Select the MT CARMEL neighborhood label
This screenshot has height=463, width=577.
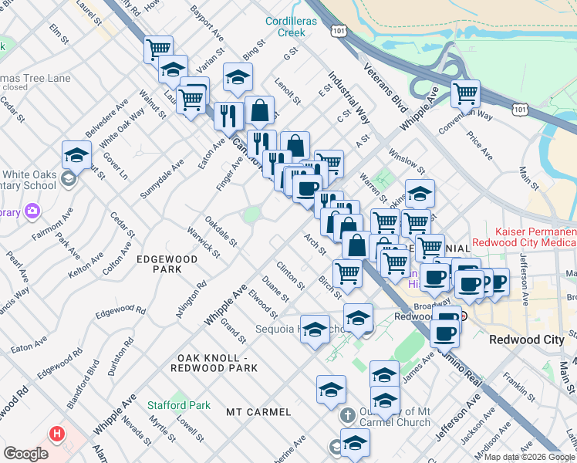tap(258, 412)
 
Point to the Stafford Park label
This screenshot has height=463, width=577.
tap(179, 405)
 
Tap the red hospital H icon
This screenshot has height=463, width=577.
tap(56, 434)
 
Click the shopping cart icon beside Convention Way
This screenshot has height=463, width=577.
tap(465, 94)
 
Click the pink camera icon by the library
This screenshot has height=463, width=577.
tap(32, 210)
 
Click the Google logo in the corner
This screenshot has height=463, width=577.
tap(26, 454)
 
